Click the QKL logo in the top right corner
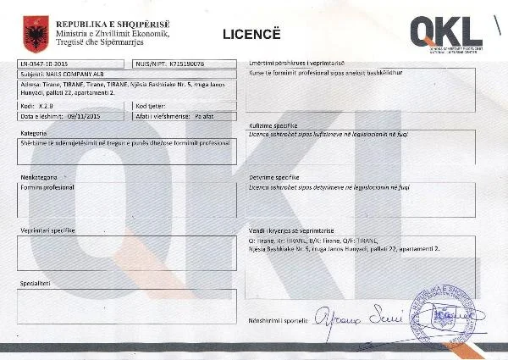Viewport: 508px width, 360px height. pyautogui.click(x=446, y=32)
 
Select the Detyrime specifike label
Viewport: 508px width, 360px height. pyautogui.click(x=272, y=179)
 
